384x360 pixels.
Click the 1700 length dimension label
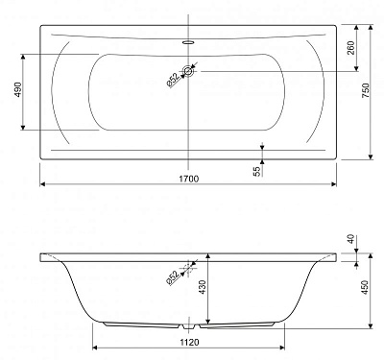(x=188, y=179)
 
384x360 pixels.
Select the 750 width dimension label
(x=366, y=91)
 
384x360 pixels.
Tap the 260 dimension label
(x=351, y=48)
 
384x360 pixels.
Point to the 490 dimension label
(x=18, y=90)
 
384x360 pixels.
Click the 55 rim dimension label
(x=257, y=172)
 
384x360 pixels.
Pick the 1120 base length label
(x=189, y=342)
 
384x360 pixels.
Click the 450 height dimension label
(x=365, y=288)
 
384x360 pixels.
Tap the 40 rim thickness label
(x=351, y=239)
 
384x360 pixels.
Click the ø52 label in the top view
(x=173, y=81)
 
